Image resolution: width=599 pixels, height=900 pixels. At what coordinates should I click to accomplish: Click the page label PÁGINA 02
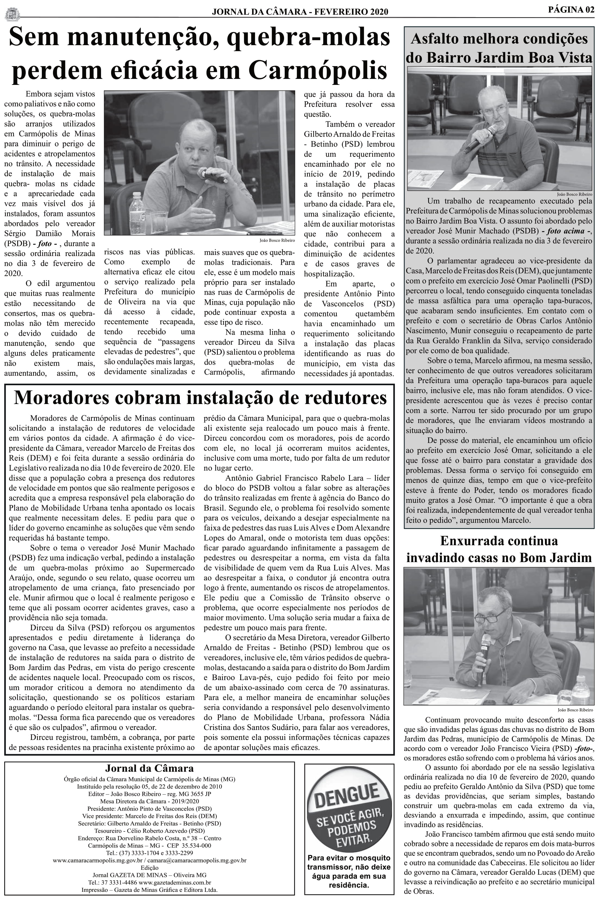(571, 10)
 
